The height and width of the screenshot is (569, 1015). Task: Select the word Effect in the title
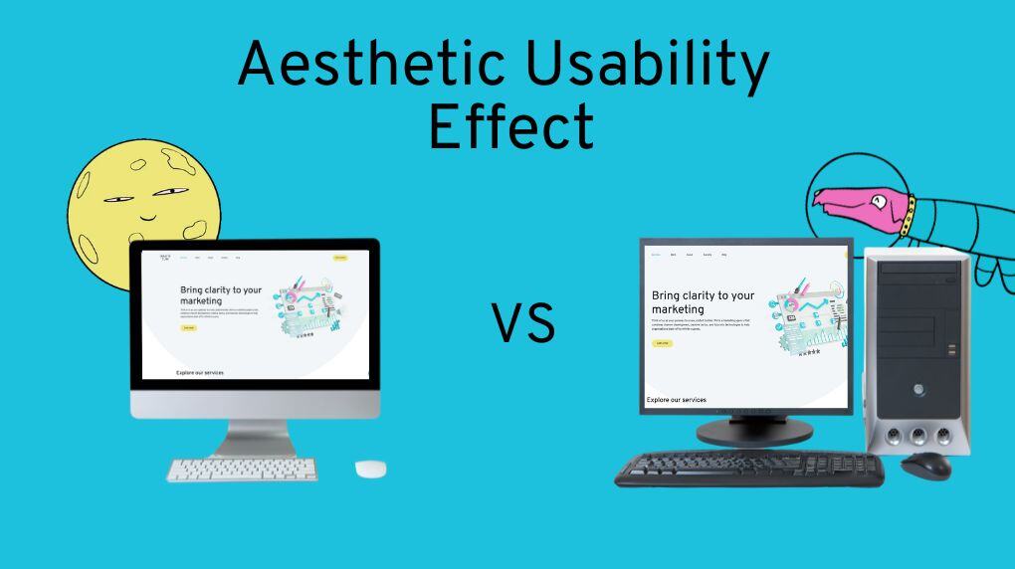coord(510,127)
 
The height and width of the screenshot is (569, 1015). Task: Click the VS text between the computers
coord(523,325)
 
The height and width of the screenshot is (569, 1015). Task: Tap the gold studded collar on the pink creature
coord(907,216)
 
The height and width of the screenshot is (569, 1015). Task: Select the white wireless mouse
coord(370,469)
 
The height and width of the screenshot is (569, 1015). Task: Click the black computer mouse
coord(925,465)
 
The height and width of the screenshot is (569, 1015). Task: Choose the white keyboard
coord(242,470)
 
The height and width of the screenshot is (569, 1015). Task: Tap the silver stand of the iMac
coord(255,437)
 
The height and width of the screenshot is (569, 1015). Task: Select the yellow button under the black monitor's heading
coord(662,343)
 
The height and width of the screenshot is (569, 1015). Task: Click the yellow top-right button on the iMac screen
coord(340,258)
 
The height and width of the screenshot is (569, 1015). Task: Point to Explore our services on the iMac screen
coord(200,373)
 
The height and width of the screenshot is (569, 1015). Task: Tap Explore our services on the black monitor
coord(677,400)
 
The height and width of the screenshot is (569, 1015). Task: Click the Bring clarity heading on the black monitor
coord(703,302)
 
